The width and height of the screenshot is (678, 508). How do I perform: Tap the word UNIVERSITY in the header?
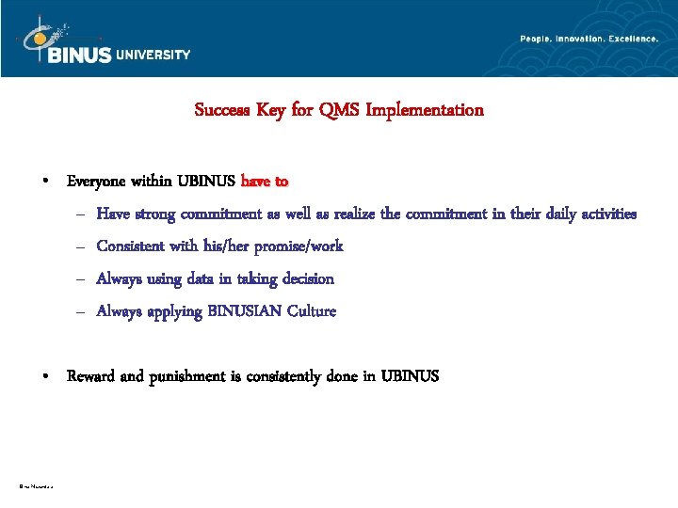(x=153, y=55)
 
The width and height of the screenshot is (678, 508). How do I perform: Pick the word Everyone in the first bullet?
(x=98, y=181)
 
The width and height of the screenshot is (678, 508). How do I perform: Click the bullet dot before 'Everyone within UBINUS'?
(x=45, y=182)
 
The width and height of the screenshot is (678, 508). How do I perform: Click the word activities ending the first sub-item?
(x=602, y=214)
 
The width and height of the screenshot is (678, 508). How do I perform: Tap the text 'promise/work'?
(x=299, y=246)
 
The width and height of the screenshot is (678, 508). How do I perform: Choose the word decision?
(x=303, y=278)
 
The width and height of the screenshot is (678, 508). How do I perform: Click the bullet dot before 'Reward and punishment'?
(x=45, y=377)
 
